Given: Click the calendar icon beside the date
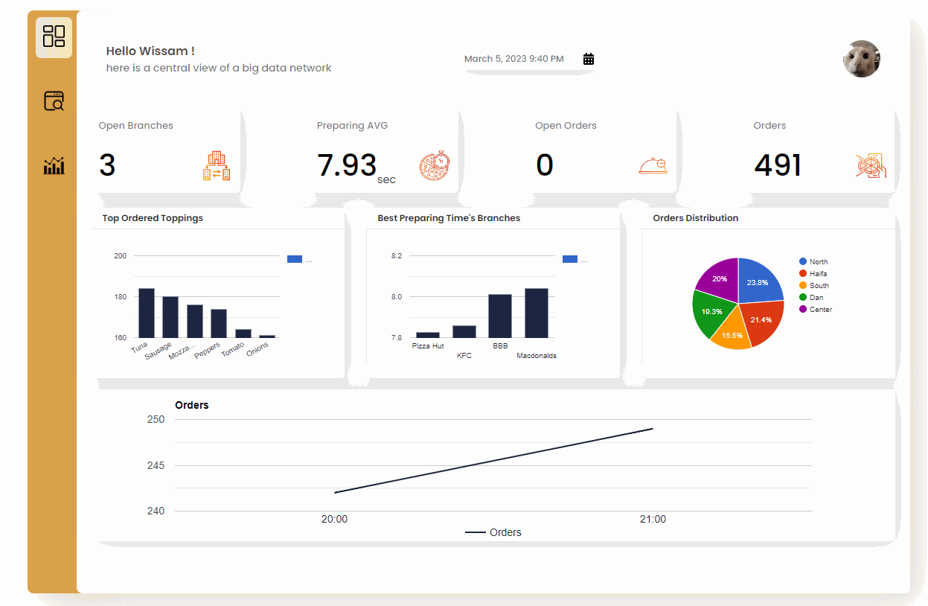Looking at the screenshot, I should tap(589, 59).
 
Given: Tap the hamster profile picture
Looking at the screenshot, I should tap(862, 59).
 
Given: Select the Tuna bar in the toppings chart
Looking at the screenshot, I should tap(147, 313).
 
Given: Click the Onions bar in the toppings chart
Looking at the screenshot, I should tap(267, 337).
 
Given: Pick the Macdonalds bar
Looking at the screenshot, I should tap(537, 313).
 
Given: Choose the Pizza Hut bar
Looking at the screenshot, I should tap(428, 335).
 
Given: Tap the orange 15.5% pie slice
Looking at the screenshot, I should tap(731, 331).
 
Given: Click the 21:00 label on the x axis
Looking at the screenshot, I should tap(653, 520).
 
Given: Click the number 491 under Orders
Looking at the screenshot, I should tap(778, 165).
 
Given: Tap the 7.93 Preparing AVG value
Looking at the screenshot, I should tap(347, 165).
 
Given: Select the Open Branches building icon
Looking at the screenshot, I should tap(217, 166).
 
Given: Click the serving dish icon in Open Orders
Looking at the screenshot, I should tap(652, 166).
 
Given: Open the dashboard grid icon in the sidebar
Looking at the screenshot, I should tap(54, 36).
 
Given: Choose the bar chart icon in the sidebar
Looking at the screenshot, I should tap(54, 165).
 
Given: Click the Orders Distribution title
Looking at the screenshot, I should tap(695, 218).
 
